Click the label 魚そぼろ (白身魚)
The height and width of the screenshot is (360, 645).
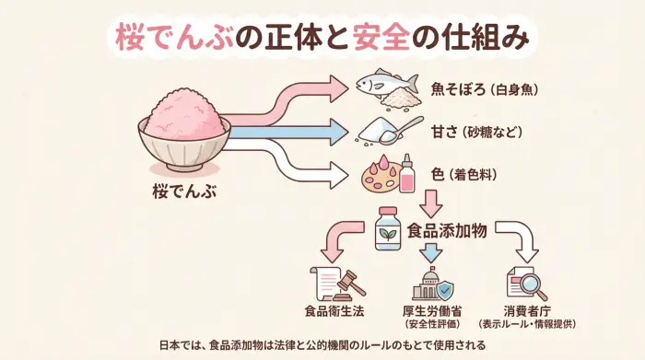pos(484,89)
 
